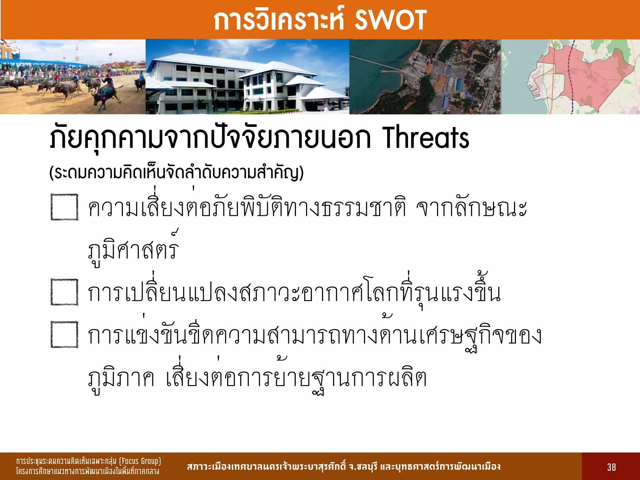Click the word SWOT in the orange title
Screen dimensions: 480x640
pos(390,20)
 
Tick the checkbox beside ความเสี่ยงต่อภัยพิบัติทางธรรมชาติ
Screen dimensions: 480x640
pos(64,207)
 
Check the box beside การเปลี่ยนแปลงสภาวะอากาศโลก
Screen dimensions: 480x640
pos(64,292)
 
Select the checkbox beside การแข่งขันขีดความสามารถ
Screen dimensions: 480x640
pos(64,334)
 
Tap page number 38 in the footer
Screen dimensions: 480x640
pos(611,467)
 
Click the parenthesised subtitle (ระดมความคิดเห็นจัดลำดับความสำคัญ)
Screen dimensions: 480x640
pos(177,173)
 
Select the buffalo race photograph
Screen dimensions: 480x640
pos(72,77)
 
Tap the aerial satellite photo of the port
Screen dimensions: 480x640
pos(425,77)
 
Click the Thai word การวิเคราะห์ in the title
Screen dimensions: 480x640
pos(278,20)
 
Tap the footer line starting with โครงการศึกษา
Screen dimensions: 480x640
pos(87,471)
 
